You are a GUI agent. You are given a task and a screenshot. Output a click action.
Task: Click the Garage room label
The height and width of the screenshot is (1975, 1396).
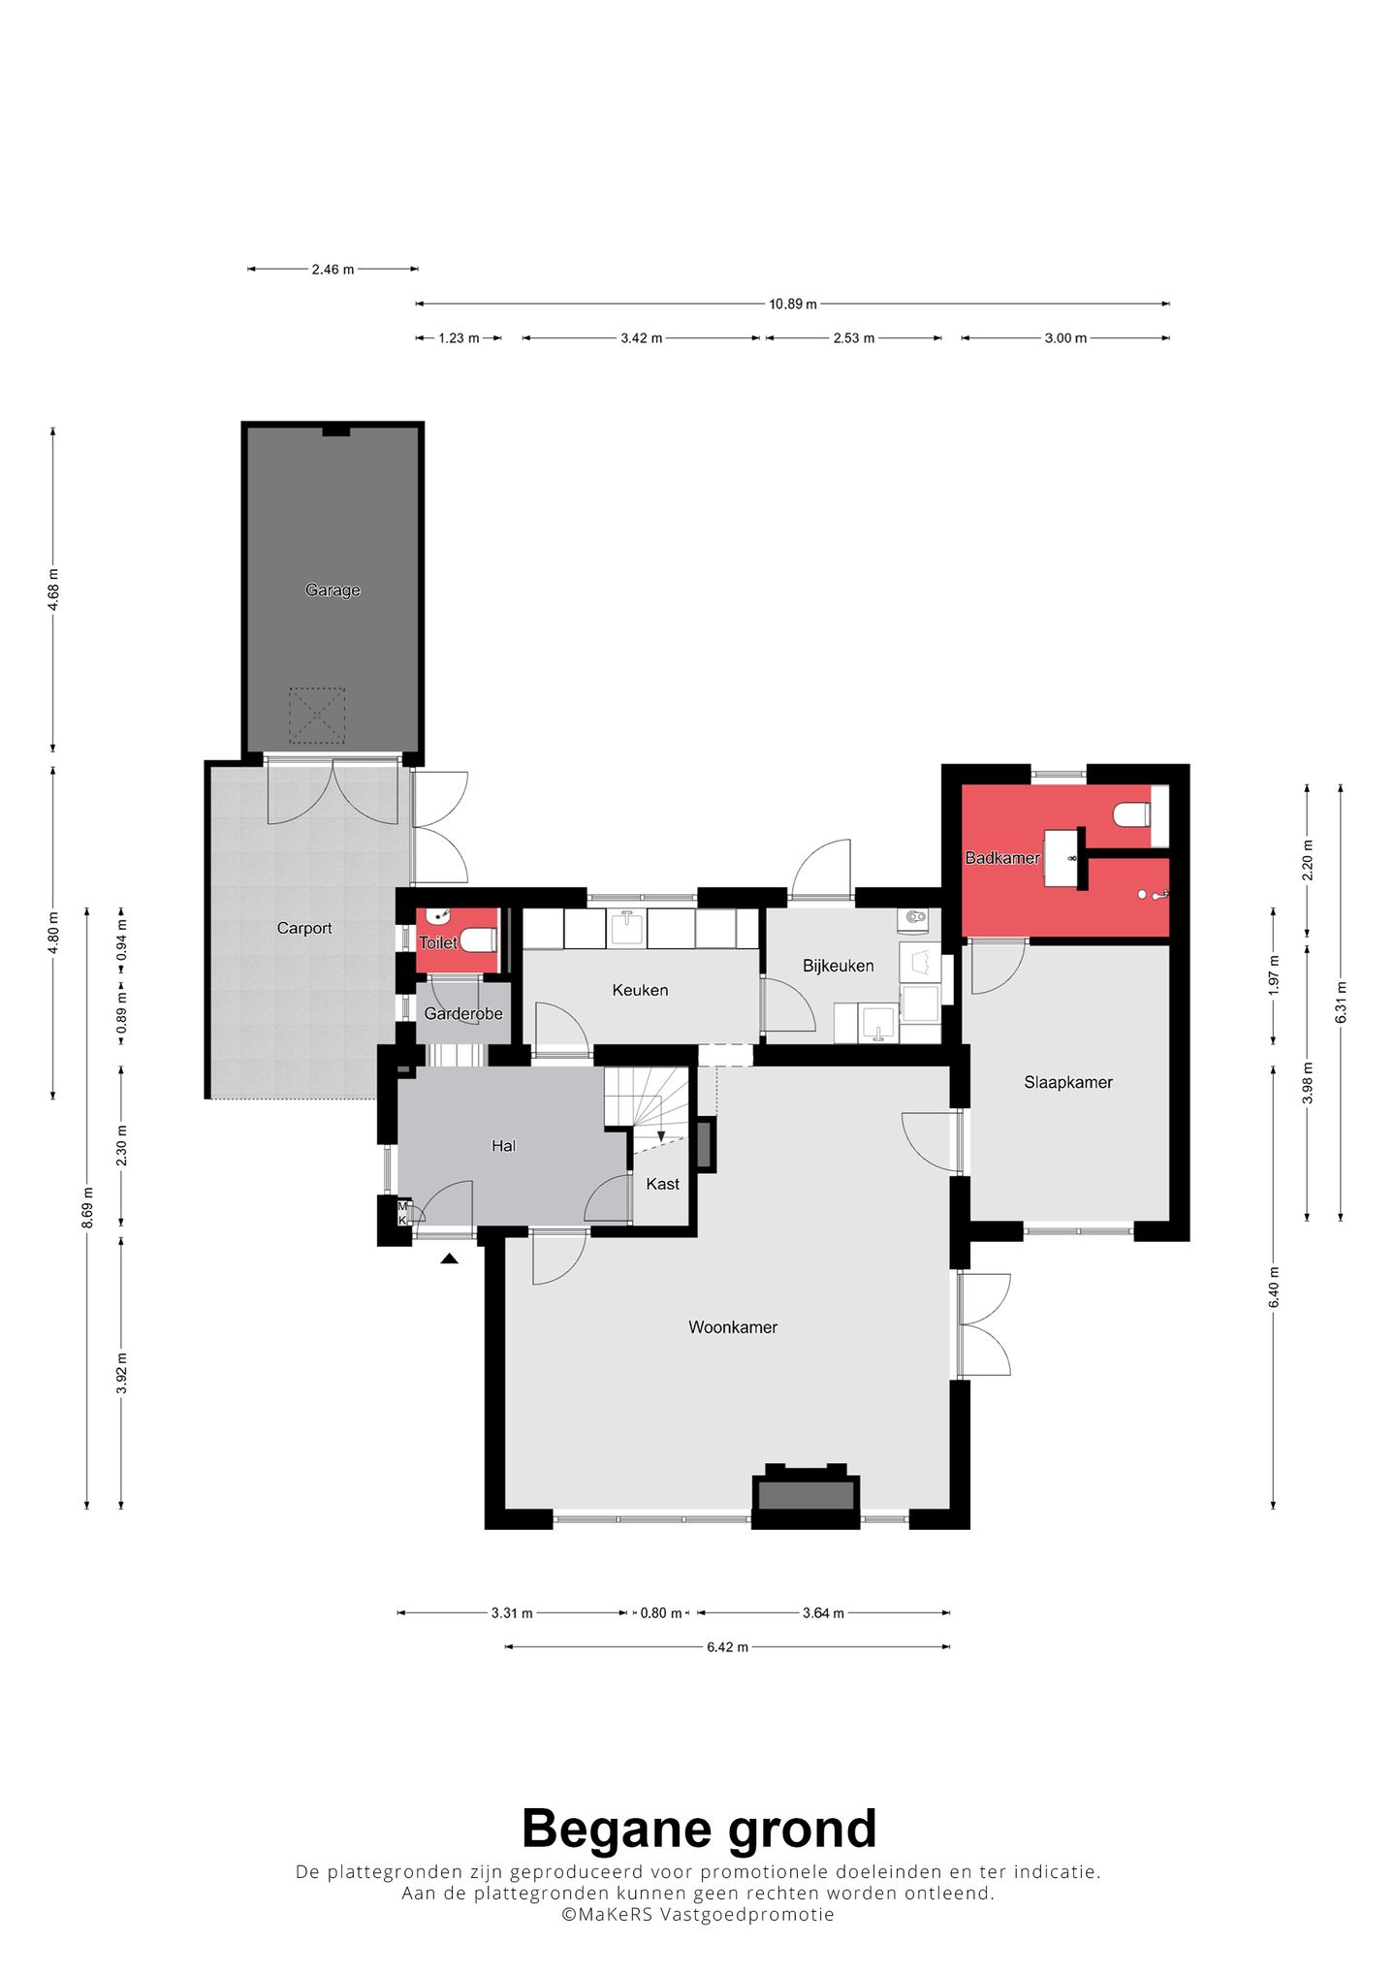click(333, 589)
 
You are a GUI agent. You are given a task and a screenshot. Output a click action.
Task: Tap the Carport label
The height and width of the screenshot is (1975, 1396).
click(304, 928)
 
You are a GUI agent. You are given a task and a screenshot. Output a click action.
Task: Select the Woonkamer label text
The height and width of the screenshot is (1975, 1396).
click(733, 1327)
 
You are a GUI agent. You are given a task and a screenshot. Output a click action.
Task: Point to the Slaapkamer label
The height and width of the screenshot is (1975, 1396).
click(1068, 1082)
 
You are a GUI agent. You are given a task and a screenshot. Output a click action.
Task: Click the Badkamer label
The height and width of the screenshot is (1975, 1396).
click(1002, 858)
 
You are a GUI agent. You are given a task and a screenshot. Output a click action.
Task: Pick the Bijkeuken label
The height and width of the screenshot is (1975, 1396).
click(839, 966)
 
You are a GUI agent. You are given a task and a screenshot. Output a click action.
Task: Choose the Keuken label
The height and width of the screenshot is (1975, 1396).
click(640, 990)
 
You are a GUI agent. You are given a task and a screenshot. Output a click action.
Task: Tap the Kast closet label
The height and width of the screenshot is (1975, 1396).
click(663, 1184)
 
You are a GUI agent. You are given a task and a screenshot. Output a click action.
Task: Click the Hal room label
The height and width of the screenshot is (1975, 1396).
click(503, 1146)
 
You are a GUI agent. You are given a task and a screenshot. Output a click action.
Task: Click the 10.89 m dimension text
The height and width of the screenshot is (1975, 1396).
click(793, 304)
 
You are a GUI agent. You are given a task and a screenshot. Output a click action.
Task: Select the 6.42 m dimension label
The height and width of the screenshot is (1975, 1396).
click(727, 1646)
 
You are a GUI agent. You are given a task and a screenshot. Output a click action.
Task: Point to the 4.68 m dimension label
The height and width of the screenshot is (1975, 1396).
click(53, 589)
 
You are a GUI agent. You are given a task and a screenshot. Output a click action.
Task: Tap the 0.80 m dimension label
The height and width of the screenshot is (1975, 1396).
click(660, 1613)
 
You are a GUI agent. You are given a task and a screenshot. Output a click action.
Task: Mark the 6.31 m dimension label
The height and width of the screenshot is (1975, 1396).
click(1341, 1003)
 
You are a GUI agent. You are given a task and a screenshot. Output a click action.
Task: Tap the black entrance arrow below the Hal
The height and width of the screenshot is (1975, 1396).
click(449, 1258)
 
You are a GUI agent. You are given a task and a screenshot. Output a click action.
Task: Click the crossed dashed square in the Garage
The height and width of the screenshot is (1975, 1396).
click(317, 716)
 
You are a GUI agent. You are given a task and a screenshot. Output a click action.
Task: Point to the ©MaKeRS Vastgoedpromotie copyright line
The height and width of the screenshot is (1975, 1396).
click(698, 1914)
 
